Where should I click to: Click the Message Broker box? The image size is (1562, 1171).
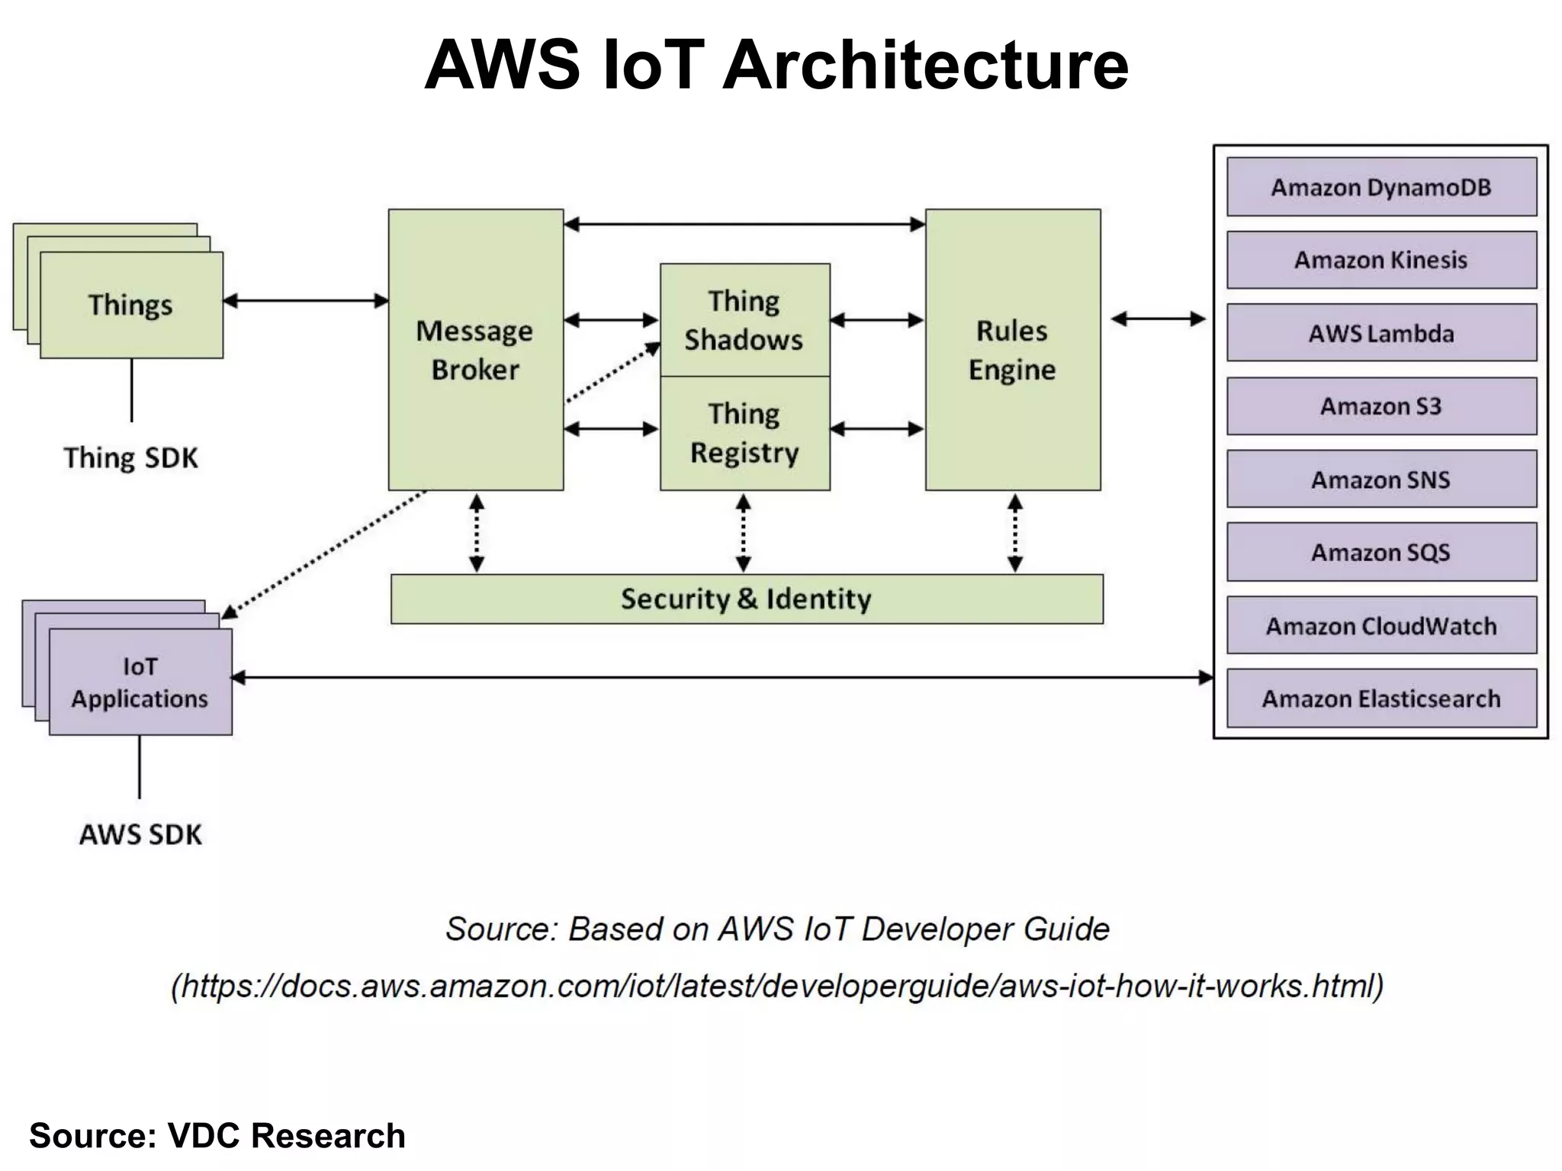[475, 350]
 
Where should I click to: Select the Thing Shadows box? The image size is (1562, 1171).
[744, 320]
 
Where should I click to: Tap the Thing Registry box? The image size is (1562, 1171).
[744, 433]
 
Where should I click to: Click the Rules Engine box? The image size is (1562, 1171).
[1012, 350]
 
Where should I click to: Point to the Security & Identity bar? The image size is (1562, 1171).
[746, 599]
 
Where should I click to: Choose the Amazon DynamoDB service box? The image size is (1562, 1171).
[1381, 188]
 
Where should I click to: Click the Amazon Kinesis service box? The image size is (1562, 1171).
[1381, 260]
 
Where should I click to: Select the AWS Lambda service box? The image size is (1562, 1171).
[1381, 333]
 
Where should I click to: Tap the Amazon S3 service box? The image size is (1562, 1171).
[1381, 406]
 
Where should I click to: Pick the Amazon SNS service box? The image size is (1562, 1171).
[1381, 480]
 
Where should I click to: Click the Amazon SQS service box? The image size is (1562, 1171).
[1381, 552]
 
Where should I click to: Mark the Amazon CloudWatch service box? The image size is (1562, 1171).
[1381, 626]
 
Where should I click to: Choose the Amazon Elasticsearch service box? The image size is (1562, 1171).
[1381, 698]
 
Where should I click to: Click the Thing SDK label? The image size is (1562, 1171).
[130, 458]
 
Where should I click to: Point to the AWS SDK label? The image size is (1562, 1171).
[141, 835]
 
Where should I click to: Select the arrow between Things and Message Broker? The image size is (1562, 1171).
[306, 301]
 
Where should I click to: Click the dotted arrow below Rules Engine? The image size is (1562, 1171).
[1015, 533]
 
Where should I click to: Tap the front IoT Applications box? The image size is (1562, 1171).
[140, 682]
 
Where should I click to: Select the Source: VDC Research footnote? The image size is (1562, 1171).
[217, 1136]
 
